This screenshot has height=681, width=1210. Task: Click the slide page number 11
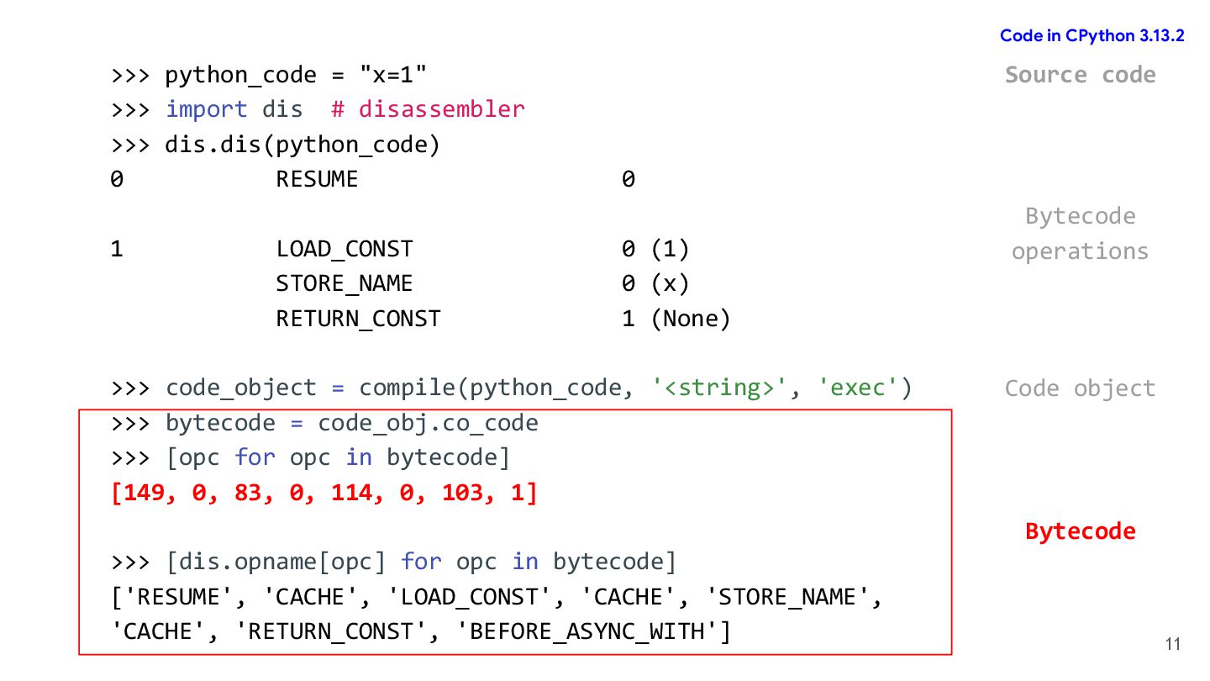1173,645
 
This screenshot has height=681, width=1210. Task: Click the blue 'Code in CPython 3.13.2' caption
1092,36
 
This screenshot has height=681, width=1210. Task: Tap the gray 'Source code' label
1080,75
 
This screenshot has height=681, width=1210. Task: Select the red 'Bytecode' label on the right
1080,531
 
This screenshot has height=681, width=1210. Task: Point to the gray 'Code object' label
1080,388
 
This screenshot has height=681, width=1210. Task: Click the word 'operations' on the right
1080,251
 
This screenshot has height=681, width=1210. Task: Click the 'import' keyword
206,109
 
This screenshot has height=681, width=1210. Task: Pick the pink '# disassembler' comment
428,109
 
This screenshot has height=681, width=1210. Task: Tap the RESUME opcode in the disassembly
317,179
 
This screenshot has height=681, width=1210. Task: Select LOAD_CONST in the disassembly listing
345,249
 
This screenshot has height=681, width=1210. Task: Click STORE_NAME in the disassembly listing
345,284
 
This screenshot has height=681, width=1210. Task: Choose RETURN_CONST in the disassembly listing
358,319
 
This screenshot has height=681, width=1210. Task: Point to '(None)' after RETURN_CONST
690,319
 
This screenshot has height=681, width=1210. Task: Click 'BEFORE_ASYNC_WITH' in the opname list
587,631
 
